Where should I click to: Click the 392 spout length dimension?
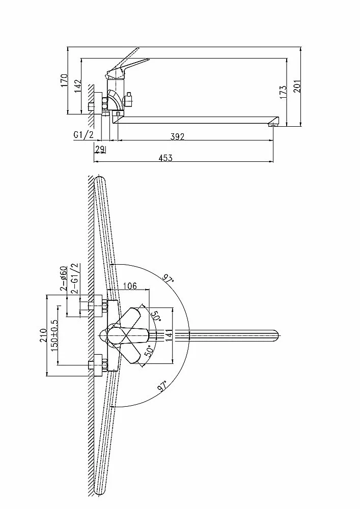(178, 136)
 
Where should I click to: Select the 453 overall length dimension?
(165, 158)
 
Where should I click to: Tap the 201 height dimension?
(297, 86)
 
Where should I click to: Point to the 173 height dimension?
(283, 92)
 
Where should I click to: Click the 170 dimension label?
(64, 80)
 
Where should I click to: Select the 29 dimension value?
(100, 149)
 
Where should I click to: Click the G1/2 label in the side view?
(84, 135)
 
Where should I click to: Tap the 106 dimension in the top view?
(130, 286)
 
